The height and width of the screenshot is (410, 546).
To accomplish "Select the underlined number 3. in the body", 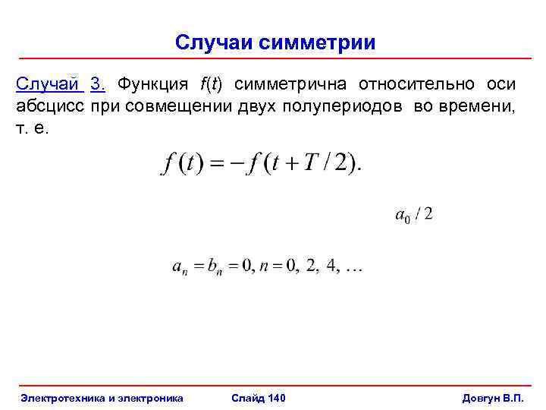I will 98,84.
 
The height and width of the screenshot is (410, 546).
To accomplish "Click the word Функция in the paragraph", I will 152,84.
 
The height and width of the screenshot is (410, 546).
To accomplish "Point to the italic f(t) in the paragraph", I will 217,84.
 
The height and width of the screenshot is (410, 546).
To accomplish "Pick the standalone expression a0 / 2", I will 414,215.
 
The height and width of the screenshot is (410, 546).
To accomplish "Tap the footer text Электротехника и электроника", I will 102,397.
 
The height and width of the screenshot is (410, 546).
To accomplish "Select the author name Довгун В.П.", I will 493,397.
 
